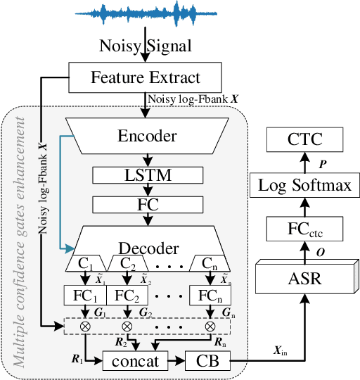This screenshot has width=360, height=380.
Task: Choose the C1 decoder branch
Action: click(84, 264)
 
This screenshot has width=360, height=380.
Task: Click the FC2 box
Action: click(127, 294)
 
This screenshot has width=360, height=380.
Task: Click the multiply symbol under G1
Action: click(85, 327)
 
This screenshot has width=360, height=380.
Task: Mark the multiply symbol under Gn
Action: click(210, 327)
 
